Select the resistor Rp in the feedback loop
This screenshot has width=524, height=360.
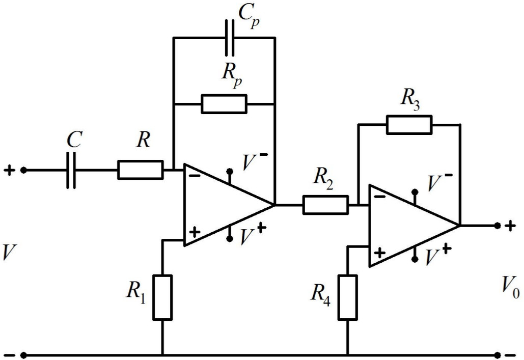click(224, 103)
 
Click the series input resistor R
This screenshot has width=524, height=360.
click(141, 170)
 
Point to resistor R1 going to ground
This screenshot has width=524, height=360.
click(162, 297)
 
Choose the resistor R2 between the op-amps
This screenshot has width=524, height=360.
click(326, 205)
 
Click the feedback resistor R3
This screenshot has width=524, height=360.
click(409, 124)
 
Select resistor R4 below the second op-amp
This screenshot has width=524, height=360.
click(348, 297)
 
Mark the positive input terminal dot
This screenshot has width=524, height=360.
click(23, 170)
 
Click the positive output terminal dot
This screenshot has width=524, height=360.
click(498, 225)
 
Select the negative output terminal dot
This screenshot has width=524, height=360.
click(498, 354)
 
